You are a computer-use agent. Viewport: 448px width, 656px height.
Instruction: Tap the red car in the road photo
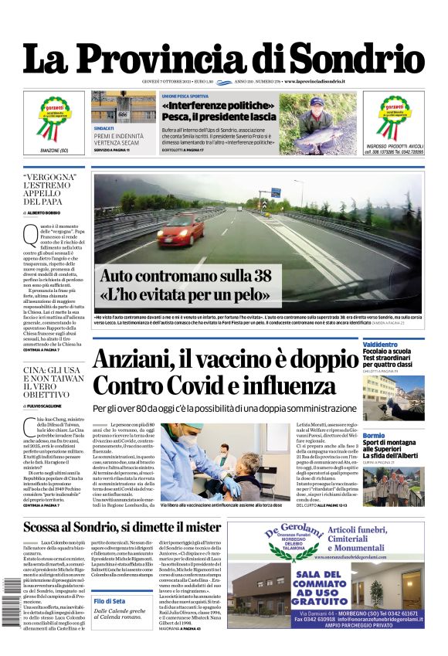(182, 230)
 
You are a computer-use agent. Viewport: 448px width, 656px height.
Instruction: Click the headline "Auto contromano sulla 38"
(185, 276)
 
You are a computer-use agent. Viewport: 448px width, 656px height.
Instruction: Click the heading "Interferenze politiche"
(218, 105)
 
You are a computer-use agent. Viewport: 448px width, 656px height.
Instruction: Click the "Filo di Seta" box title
(109, 601)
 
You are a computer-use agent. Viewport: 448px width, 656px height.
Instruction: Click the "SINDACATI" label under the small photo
(104, 127)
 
